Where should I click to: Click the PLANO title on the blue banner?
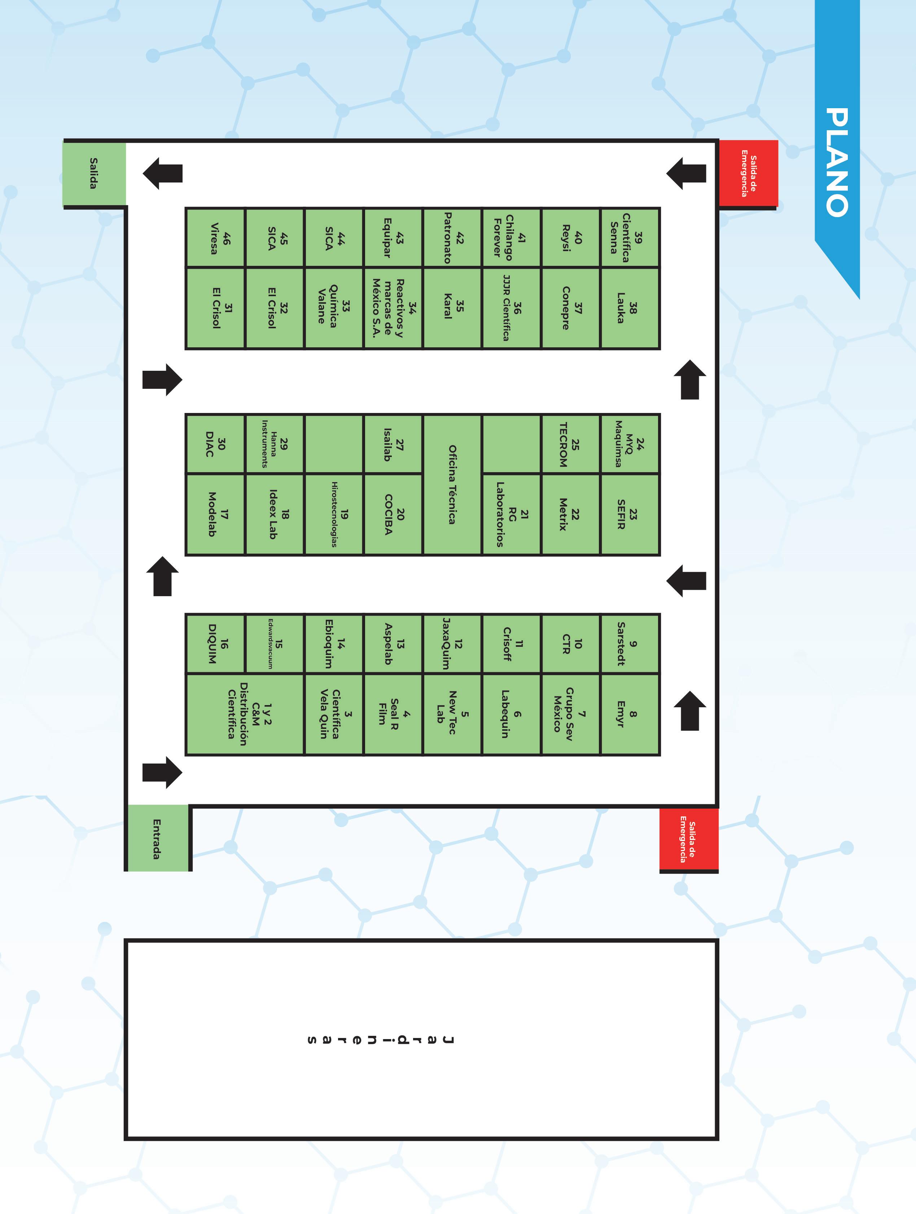(837, 162)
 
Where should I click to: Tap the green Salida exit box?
(95, 174)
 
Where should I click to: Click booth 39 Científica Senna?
(630, 238)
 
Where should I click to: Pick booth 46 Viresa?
(215, 238)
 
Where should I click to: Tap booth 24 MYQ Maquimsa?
(630, 444)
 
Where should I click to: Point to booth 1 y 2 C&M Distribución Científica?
(245, 714)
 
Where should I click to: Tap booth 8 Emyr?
(630, 714)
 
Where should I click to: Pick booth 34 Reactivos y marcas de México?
(393, 308)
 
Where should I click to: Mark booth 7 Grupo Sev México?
(571, 714)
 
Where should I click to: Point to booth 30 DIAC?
(215, 444)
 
